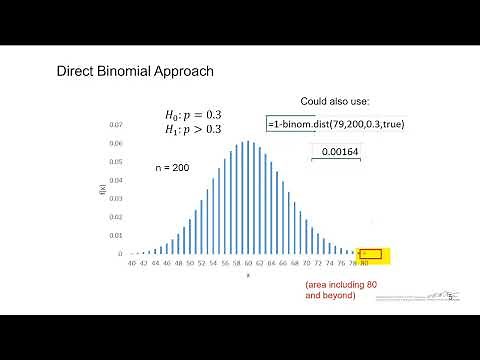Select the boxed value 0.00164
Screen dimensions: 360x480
[339, 152]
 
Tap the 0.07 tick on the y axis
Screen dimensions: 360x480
[117, 125]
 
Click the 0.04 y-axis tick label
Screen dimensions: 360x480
[117, 180]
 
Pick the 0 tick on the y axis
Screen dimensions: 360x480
[120, 254]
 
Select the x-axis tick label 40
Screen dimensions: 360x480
[132, 264]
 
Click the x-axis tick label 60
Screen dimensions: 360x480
[248, 264]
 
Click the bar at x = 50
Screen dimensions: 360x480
[190, 233]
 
